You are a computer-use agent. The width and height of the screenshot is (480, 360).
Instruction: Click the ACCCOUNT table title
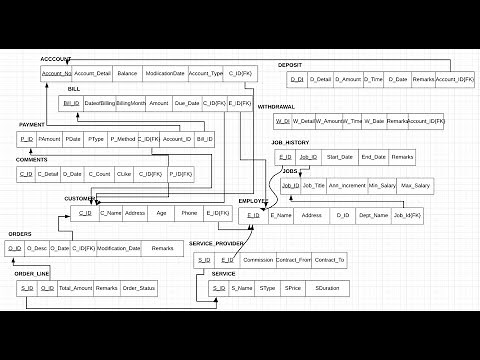(x=56, y=60)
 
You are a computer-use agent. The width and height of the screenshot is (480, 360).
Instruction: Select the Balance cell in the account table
(x=127, y=73)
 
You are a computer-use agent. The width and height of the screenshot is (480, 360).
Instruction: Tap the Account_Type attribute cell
(x=206, y=73)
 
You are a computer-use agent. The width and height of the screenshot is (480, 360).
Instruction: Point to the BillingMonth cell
(x=130, y=103)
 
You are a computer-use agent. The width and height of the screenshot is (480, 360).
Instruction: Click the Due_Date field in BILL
(x=187, y=103)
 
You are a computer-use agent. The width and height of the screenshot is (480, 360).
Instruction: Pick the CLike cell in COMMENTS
(x=124, y=174)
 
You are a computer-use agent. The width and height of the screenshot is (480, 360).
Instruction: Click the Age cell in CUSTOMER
(x=161, y=213)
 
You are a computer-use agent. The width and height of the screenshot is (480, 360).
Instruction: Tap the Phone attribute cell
(x=189, y=213)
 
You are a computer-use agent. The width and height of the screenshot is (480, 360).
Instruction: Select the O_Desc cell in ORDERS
(x=37, y=248)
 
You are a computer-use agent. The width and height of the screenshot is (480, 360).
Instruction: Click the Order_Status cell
(x=139, y=288)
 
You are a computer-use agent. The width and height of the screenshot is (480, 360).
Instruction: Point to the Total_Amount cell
(x=75, y=288)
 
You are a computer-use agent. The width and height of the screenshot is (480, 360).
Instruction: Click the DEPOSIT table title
(x=290, y=65)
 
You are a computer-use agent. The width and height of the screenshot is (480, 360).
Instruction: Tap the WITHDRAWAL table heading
(x=275, y=106)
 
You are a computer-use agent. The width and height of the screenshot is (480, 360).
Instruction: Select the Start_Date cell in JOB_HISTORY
(x=340, y=157)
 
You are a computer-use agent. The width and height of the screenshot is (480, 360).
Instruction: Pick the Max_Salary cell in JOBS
(x=413, y=185)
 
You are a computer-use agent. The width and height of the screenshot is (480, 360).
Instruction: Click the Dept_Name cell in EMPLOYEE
(x=373, y=215)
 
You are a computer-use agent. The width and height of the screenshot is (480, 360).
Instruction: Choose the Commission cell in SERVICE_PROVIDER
(x=258, y=260)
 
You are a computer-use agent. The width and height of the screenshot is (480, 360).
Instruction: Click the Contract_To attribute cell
(x=329, y=260)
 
